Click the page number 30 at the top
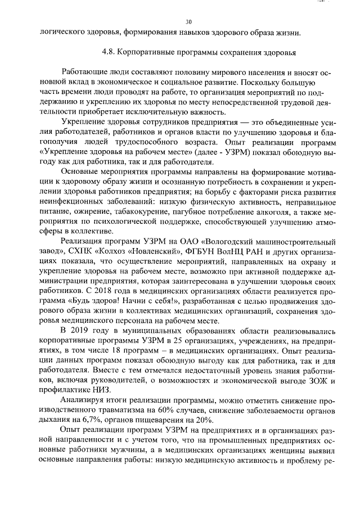tap(189, 21)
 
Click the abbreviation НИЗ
tap(101, 390)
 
